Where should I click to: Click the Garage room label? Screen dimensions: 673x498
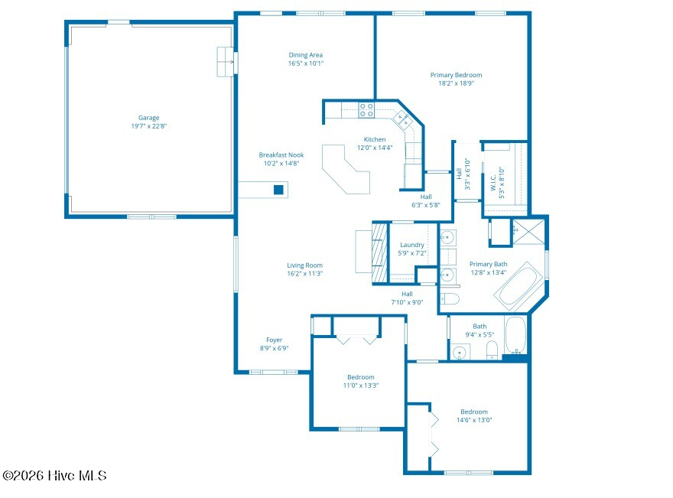[x=148, y=118]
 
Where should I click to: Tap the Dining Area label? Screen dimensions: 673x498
[x=306, y=55]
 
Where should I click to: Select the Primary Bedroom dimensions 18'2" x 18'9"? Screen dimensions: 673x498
[x=456, y=83]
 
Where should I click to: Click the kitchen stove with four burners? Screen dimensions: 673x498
[x=366, y=110]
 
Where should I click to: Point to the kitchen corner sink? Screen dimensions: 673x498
[x=402, y=119]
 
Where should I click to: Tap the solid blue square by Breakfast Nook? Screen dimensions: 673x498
[x=278, y=190]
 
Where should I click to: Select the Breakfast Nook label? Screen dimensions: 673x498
[x=281, y=155]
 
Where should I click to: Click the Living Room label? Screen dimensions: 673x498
[x=304, y=265]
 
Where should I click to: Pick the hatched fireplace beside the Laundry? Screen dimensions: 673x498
[x=379, y=252]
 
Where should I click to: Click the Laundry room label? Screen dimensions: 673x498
[x=412, y=245]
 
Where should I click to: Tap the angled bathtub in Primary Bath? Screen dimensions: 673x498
[x=517, y=285]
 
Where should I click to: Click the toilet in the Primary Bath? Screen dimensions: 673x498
[x=450, y=299]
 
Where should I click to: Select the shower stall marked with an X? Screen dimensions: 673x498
[x=528, y=233]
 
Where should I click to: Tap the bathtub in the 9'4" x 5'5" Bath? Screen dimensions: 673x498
[x=515, y=336]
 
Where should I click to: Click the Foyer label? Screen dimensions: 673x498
[x=275, y=340]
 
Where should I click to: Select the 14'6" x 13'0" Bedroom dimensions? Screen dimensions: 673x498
[x=474, y=420]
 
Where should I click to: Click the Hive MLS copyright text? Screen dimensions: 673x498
[x=54, y=476]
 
